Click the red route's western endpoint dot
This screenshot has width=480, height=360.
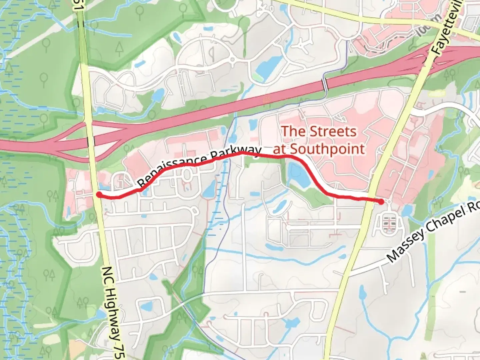pyautogui.click(x=99, y=194)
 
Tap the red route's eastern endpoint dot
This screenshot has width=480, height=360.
pyautogui.click(x=381, y=201)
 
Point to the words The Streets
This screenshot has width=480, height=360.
pyautogui.click(x=319, y=131)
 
